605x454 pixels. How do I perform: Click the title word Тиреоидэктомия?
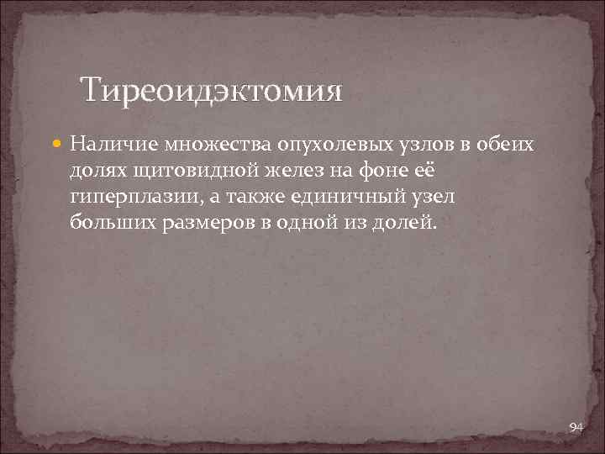pyautogui.click(x=211, y=90)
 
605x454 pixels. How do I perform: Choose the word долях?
pyautogui.click(x=96, y=172)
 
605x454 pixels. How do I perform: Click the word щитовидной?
pyautogui.click(x=185, y=172)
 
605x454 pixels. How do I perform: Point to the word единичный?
pyautogui.click(x=343, y=198)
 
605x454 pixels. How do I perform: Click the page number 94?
pyautogui.click(x=576, y=428)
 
